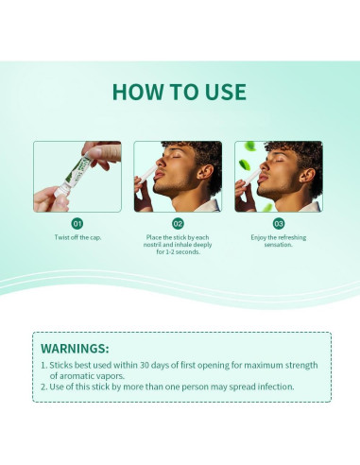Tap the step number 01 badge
pos(77,224)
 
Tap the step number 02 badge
pos(178,224)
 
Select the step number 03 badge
pos(279,224)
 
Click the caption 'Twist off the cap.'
pos(77,237)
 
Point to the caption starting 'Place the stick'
pos(178,245)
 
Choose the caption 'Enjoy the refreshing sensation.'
pos(279,241)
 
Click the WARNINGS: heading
pos(75,349)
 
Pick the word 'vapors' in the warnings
pos(111,376)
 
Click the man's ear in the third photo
pos(307,176)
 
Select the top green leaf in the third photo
pos(250,146)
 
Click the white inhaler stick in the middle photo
pos(148,174)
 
